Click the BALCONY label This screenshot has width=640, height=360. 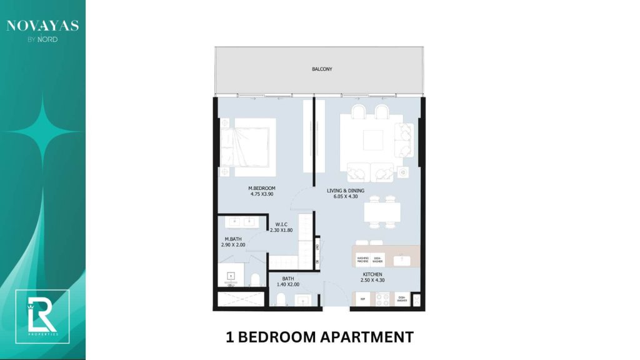tap(322, 69)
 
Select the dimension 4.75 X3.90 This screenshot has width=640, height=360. tap(261, 194)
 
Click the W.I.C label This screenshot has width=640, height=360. tap(281, 224)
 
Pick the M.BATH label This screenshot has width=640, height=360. tap(234, 239)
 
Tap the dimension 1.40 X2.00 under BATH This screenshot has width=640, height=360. tap(288, 284)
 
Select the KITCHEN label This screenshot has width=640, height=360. tap(373, 274)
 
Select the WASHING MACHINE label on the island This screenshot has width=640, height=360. tap(362, 259)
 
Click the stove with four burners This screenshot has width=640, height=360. tap(382, 299)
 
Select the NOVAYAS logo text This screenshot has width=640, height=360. tap(42, 26)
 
